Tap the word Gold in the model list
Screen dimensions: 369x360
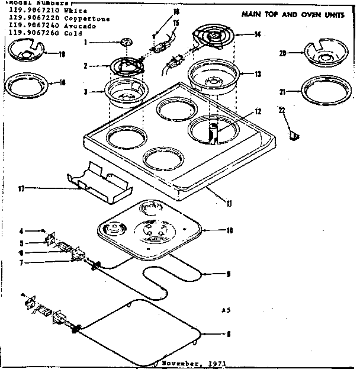[x=65, y=34]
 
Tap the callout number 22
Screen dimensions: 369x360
[x=282, y=109]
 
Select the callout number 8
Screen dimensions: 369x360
[x=229, y=335]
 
